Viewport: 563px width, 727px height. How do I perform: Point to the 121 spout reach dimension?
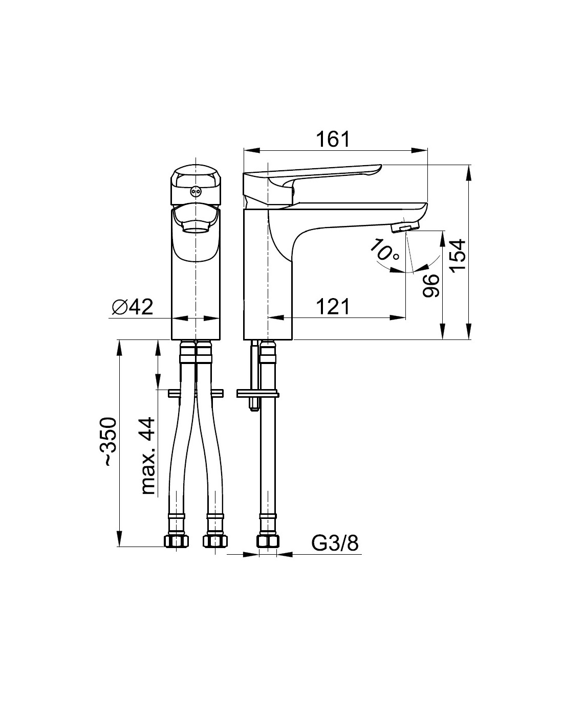pos(333,306)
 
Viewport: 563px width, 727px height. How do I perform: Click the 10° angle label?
pos(385,251)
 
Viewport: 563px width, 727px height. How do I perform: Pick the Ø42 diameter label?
pos(132,306)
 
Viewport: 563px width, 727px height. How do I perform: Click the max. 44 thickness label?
pos(148,456)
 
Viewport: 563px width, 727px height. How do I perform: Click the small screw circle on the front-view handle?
pos(195,191)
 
